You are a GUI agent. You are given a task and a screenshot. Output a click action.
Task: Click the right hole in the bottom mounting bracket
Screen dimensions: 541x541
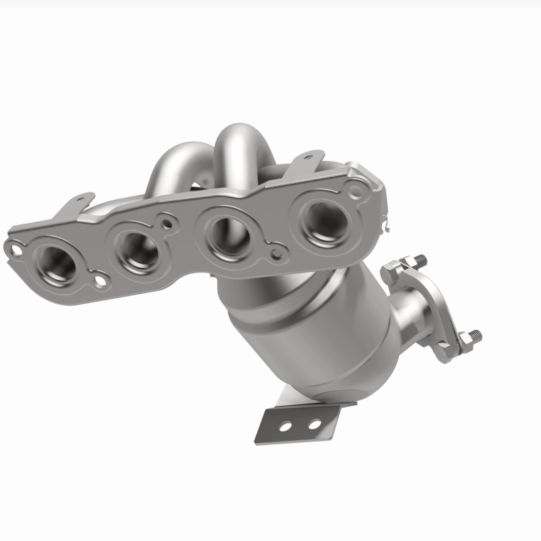[314, 424]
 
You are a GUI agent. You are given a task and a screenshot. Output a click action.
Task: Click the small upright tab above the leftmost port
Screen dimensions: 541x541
[82, 200]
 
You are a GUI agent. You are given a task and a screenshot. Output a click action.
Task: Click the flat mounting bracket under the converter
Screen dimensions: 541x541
[298, 423]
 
